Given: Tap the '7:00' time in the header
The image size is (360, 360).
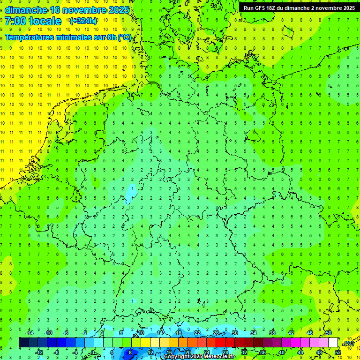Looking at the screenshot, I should click(15, 21).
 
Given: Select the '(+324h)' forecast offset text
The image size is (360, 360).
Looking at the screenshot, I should click(83, 21).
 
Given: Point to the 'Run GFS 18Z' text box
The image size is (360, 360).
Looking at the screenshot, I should click(299, 8).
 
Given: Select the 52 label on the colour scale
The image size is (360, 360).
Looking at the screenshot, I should click(338, 352).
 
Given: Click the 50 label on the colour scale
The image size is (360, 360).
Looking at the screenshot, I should click(328, 333).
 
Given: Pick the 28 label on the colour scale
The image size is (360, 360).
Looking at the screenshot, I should click(225, 352).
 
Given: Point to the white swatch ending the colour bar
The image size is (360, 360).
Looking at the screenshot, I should click(333, 343).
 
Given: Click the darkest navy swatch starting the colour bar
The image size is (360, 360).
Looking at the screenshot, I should click(23, 343).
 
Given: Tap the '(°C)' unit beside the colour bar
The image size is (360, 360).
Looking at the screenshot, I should click(349, 343).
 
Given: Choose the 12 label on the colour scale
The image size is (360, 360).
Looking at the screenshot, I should click(150, 352).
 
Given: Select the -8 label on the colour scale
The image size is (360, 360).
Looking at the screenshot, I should click(56, 352).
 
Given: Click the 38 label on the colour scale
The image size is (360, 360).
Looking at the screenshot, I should click(272, 333).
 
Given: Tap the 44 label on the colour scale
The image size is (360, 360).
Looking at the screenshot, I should click(300, 352).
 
